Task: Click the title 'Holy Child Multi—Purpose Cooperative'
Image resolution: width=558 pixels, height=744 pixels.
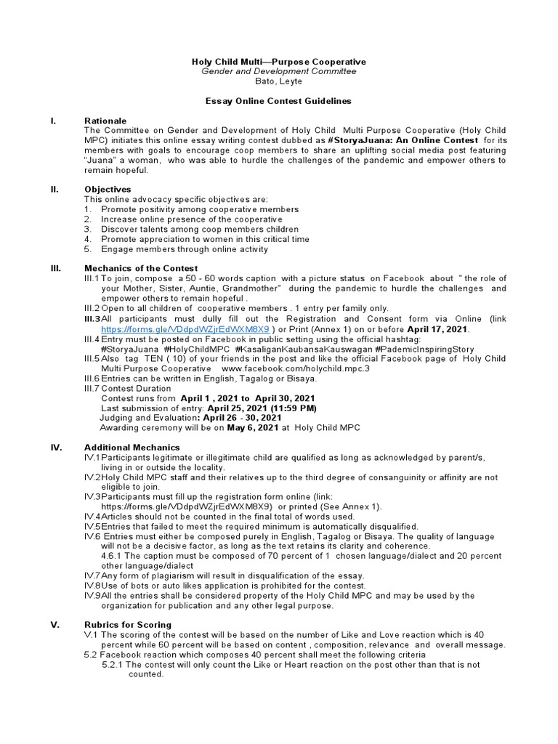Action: coord(278,62)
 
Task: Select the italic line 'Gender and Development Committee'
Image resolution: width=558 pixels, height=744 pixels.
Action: coord(278,71)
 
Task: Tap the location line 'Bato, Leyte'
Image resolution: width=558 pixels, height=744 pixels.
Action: coord(278,81)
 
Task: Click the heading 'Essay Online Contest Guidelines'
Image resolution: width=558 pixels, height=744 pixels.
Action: coord(278,101)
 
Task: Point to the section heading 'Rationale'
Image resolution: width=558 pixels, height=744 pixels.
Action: coord(105,121)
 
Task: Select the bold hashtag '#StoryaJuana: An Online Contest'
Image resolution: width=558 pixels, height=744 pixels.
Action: coord(403,139)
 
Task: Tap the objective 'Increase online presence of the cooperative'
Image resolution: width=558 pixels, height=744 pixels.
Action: coord(192,219)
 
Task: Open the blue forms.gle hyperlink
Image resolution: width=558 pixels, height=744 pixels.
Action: coord(185,328)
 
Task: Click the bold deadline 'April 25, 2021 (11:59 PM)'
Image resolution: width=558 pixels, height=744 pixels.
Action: coord(240,408)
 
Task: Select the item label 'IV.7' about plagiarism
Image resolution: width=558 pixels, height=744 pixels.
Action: coord(92,575)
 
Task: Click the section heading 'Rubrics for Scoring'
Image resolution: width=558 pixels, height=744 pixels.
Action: coord(128,624)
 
